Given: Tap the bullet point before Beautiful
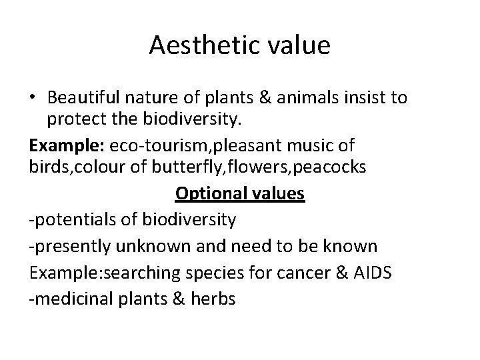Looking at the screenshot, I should [x=33, y=99].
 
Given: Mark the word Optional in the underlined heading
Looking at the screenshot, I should [x=204, y=193].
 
